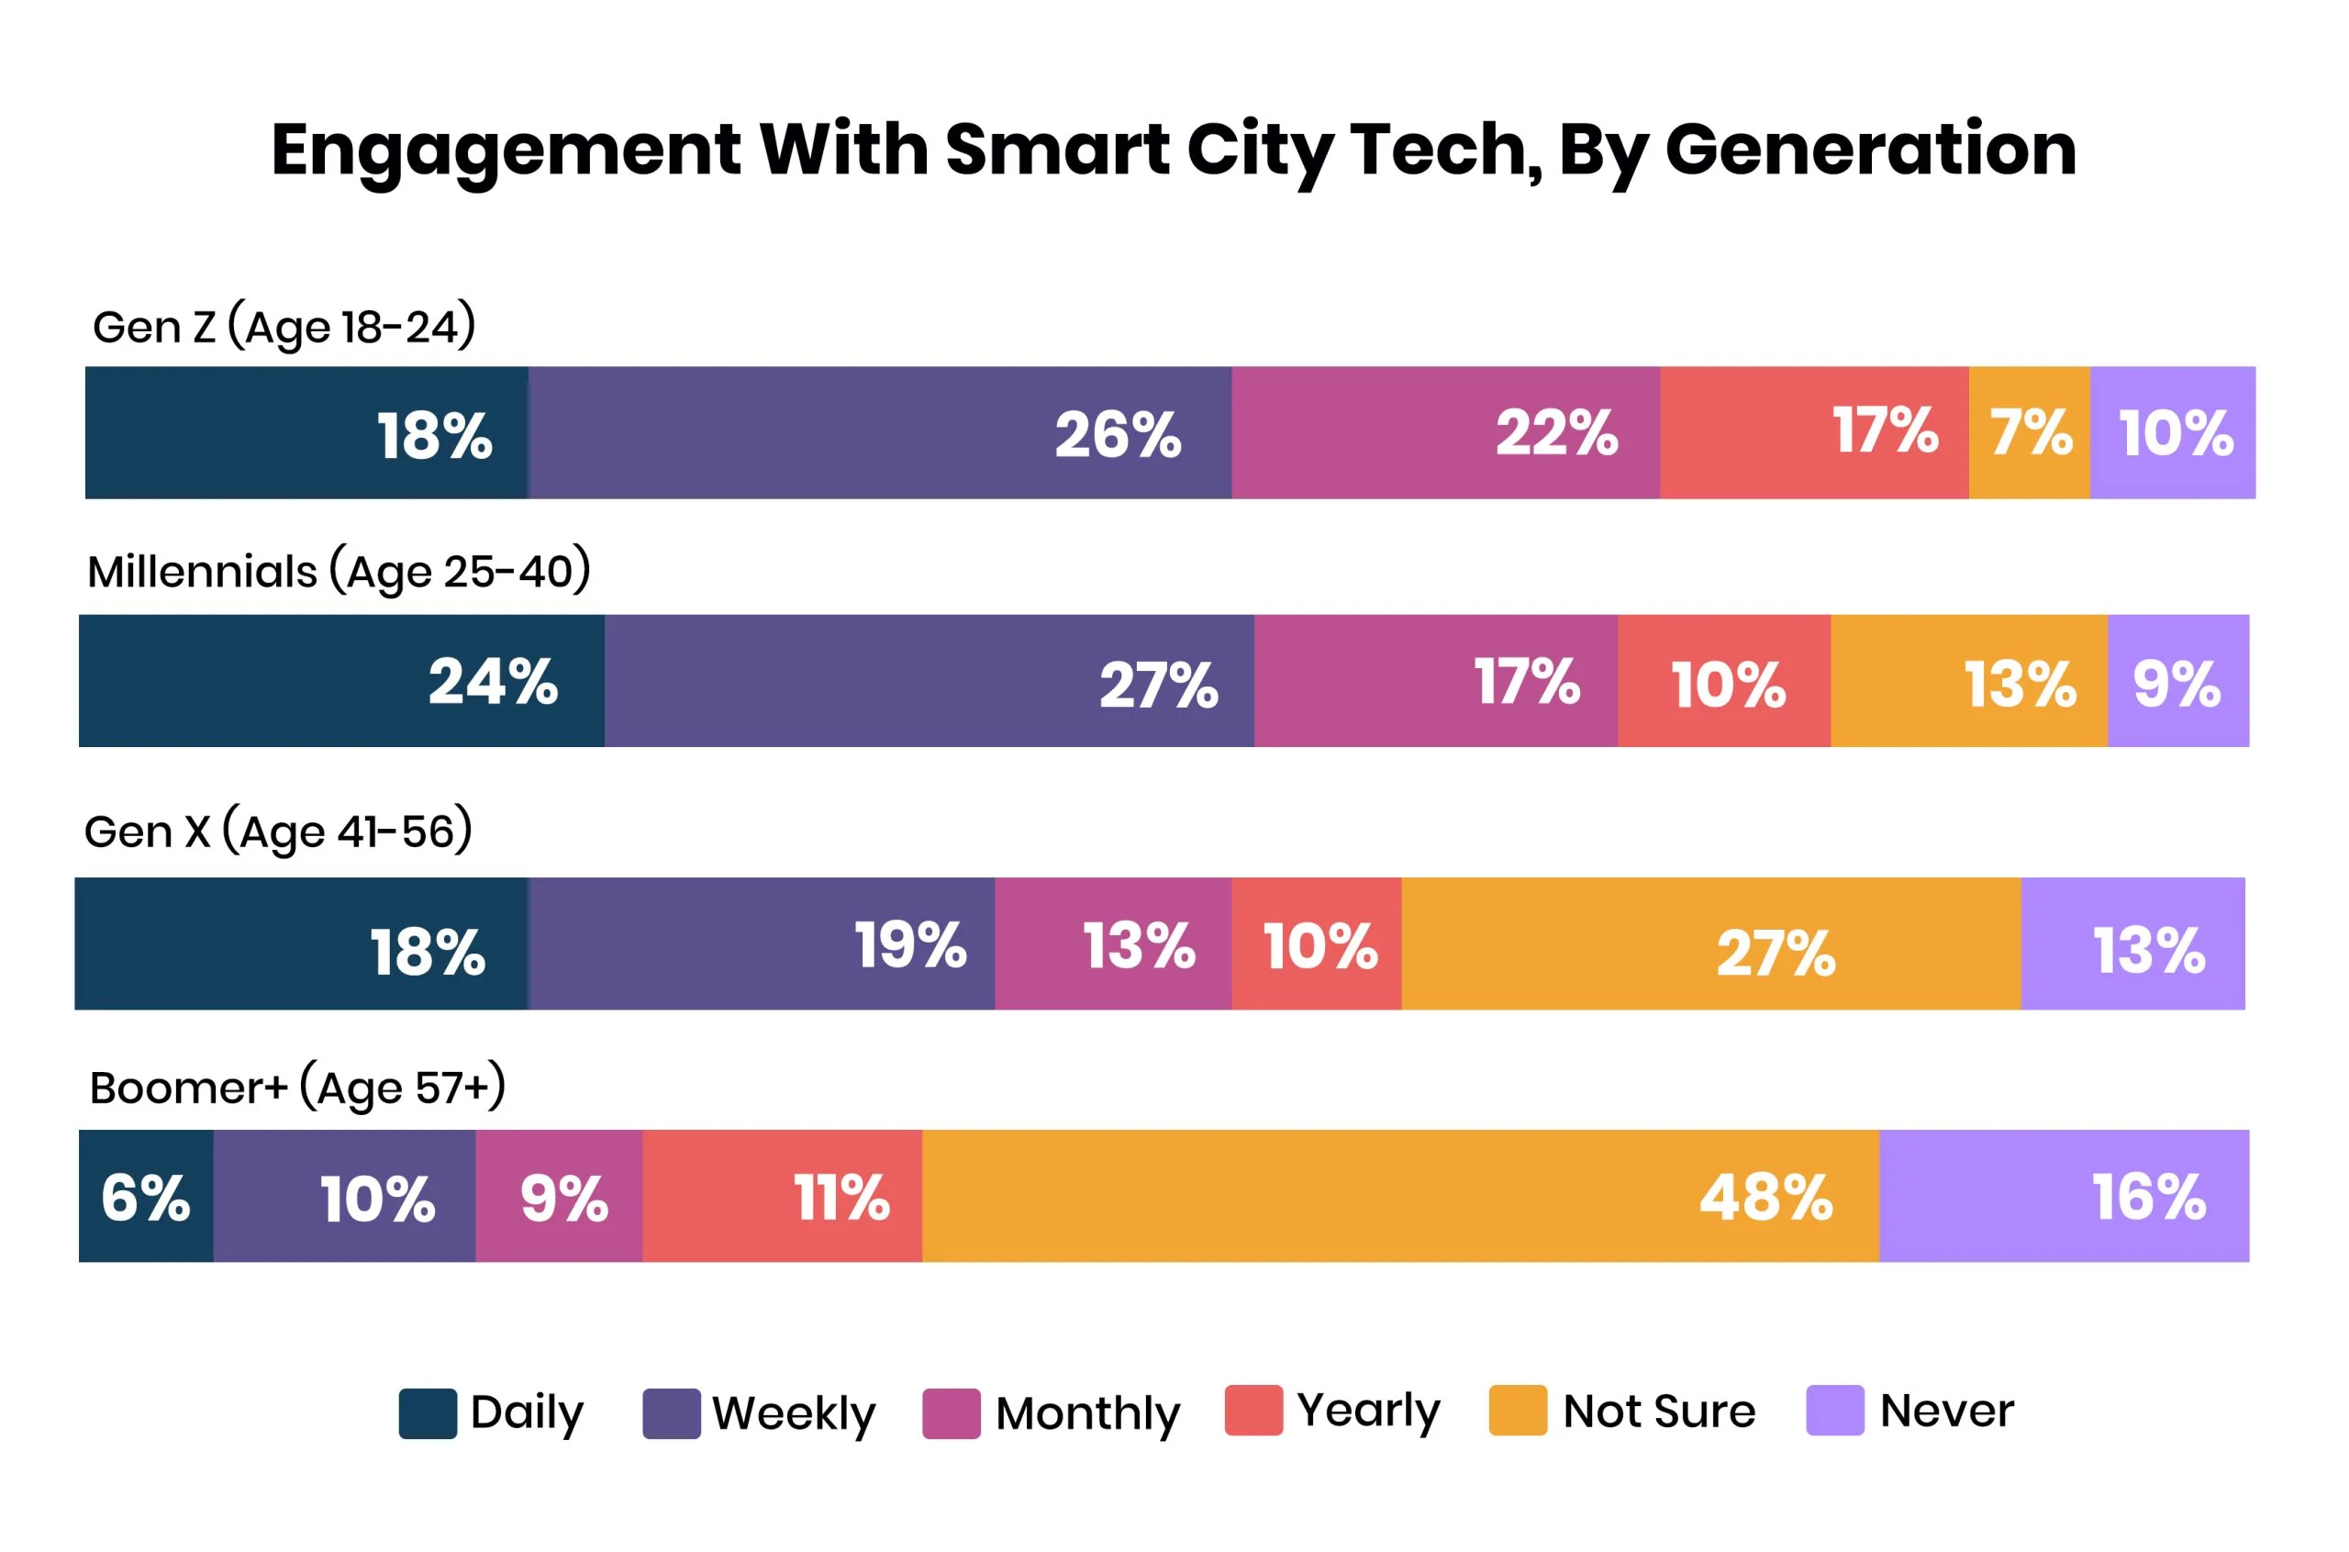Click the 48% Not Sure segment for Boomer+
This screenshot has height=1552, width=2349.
pos(1399,1196)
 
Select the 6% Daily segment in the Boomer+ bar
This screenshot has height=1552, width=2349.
pos(146,1196)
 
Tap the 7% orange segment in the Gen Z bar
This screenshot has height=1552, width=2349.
pos(2029,432)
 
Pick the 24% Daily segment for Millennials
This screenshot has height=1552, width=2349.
pos(341,681)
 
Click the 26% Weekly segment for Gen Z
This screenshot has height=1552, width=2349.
pos(879,432)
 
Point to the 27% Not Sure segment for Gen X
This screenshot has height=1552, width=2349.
pos(1709,943)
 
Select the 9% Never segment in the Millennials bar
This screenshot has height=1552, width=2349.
pos(2176,681)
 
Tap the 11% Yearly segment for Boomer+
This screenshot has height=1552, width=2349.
pos(782,1196)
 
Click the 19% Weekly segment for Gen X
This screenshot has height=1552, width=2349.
pos(761,943)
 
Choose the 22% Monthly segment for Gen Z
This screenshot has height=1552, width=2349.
pos(1444,432)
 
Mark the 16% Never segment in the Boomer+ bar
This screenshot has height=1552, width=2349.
pos(2063,1196)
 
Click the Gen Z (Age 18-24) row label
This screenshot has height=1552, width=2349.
pos(284,328)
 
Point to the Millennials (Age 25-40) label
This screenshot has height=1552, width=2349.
pos(339,572)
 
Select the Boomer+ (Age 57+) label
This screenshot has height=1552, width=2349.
pos(297,1088)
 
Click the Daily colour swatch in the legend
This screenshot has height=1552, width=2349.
pos(428,1412)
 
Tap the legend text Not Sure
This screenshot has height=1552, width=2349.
pos(1658,1411)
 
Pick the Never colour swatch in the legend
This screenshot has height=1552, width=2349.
pos(1834,1411)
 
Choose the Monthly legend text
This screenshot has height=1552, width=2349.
pos(1087,1412)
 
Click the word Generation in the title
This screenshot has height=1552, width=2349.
pos(1870,151)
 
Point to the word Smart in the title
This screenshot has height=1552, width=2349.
pos(1057,151)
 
